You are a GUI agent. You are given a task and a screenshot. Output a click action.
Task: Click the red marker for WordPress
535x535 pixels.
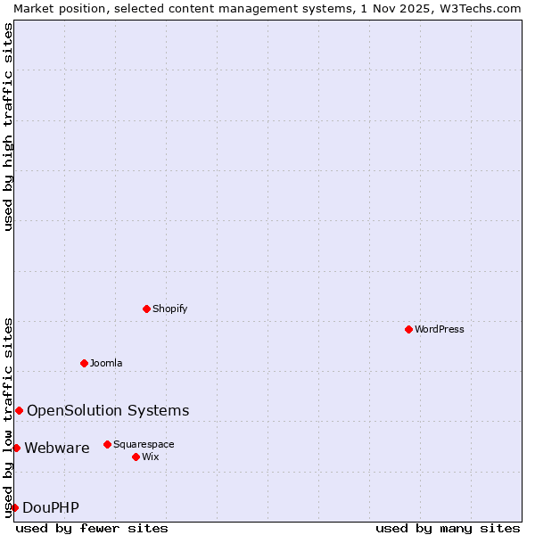[x=408, y=329]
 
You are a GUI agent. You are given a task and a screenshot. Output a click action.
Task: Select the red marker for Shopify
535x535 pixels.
[x=146, y=309]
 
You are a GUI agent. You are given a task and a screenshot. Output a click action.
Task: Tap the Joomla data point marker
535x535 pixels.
[x=84, y=363]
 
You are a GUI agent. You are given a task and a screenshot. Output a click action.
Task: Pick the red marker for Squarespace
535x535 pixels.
[x=107, y=444]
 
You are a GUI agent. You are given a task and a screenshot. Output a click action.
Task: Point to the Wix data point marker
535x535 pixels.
[x=136, y=457]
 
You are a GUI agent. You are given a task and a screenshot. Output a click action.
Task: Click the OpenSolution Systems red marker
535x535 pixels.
[x=19, y=410]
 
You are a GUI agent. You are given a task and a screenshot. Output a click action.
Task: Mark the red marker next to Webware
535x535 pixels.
[x=16, y=448]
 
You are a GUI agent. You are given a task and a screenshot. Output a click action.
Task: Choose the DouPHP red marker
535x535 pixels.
[x=14, y=507]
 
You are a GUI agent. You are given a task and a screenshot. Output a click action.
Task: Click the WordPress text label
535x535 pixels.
[x=440, y=329]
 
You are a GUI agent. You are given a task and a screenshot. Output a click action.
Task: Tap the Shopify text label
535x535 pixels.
[x=169, y=309]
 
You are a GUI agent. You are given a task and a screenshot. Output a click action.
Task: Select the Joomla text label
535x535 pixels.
[x=106, y=363]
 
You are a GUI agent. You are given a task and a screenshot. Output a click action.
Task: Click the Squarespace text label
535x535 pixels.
[x=144, y=444]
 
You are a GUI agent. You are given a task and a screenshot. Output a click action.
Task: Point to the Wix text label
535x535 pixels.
[x=150, y=457]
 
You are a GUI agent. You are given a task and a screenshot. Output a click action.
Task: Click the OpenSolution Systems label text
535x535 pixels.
[x=108, y=410]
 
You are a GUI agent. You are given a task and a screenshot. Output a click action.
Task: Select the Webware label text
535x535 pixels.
[x=57, y=448]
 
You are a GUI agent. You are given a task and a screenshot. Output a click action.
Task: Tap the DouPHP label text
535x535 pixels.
[x=51, y=507]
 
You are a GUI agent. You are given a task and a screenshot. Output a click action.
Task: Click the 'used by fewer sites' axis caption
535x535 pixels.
[x=92, y=528]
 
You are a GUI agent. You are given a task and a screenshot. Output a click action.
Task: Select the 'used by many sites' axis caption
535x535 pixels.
[x=448, y=528]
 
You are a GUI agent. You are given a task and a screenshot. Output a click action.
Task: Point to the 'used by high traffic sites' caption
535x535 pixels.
[x=8, y=127]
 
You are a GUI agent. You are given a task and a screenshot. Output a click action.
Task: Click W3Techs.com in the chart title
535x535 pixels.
[x=477, y=8]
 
